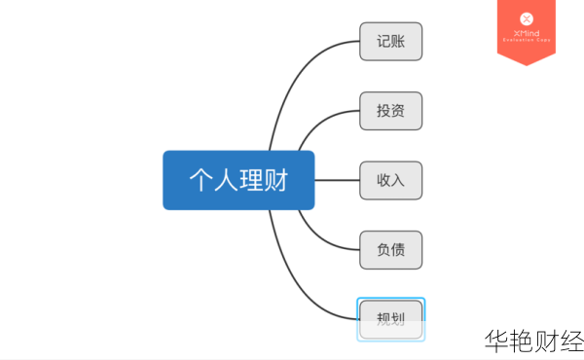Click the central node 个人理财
click(x=238, y=180)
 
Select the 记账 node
click(x=390, y=42)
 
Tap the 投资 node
click(x=390, y=111)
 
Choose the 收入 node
click(x=390, y=180)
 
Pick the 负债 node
click(x=390, y=249)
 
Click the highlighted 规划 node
click(x=390, y=318)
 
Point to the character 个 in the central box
click(x=201, y=180)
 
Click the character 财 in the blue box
click(x=276, y=180)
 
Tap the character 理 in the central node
click(x=251, y=180)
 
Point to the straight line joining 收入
click(x=337, y=180)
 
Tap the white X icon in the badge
click(x=527, y=18)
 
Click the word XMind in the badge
click(x=527, y=32)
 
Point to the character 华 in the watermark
click(x=496, y=341)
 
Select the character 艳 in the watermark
click(x=522, y=341)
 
